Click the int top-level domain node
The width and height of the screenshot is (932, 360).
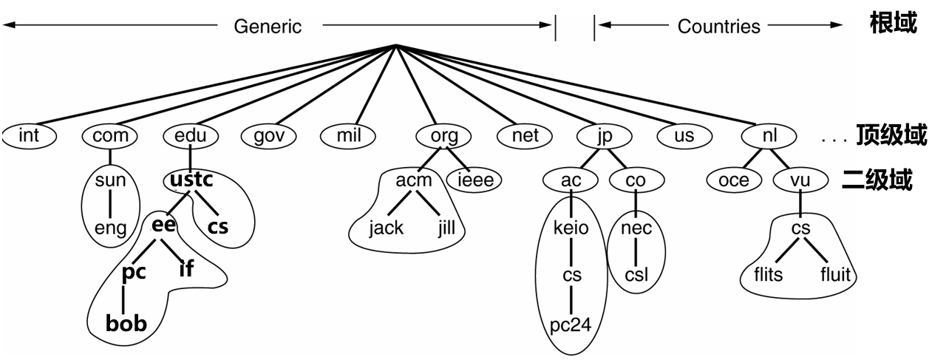29,136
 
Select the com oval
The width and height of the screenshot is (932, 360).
110,136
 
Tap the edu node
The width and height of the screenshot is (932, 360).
191,136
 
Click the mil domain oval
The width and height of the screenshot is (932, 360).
347,136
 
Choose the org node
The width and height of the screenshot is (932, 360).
444,136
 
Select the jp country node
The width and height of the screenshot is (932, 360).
605,136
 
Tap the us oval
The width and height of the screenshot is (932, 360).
684,136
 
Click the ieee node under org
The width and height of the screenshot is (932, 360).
474,180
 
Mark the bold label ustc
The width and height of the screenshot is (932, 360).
191,180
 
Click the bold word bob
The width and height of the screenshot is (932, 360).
126,323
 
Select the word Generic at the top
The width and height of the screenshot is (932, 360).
268,27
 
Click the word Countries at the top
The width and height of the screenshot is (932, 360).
718,27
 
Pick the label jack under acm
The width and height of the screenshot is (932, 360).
387,227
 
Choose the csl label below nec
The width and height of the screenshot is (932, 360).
636,275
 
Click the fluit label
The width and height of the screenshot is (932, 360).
836,275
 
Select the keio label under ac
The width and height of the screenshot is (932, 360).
571,227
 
